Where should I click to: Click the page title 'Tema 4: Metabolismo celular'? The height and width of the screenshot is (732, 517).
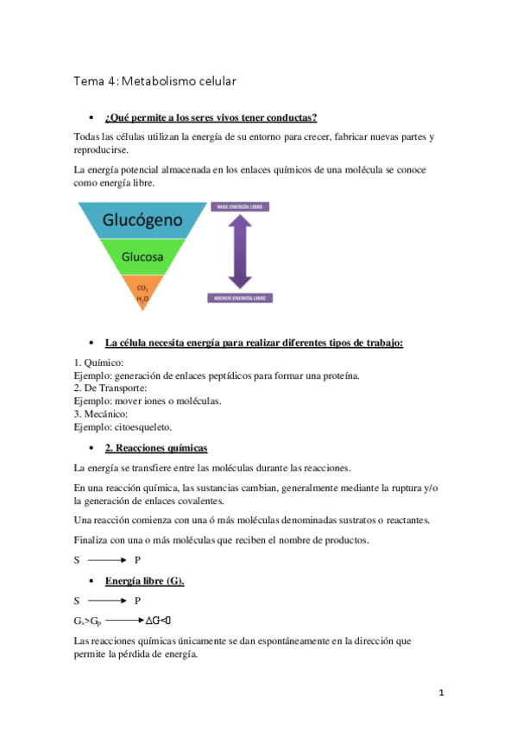coord(155,81)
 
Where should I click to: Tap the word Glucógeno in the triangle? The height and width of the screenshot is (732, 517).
coord(142,220)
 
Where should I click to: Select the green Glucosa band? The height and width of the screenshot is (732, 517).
coord(142,257)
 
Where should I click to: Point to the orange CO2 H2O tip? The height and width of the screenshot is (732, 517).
coord(142,293)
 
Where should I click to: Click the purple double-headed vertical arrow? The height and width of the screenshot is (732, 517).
coord(241,251)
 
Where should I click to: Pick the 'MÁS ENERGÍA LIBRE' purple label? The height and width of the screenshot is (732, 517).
coord(241,207)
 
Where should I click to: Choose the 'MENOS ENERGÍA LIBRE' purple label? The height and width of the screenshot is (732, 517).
coord(241,298)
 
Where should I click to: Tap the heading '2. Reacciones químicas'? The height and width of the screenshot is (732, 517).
coord(155,448)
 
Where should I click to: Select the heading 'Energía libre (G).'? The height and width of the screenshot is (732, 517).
coord(144,581)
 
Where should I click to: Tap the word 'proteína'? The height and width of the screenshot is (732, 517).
coord(336,376)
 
